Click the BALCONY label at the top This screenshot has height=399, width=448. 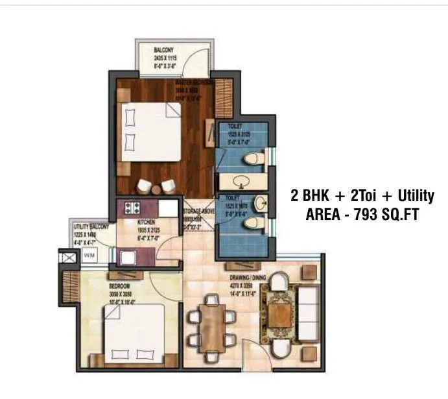(163, 49)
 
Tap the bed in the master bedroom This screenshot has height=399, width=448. (150, 132)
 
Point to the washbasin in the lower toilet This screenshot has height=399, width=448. (259, 202)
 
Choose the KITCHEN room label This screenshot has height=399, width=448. (145, 221)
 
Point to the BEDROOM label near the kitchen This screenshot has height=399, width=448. (119, 286)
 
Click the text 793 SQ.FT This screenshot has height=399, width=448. (383, 215)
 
